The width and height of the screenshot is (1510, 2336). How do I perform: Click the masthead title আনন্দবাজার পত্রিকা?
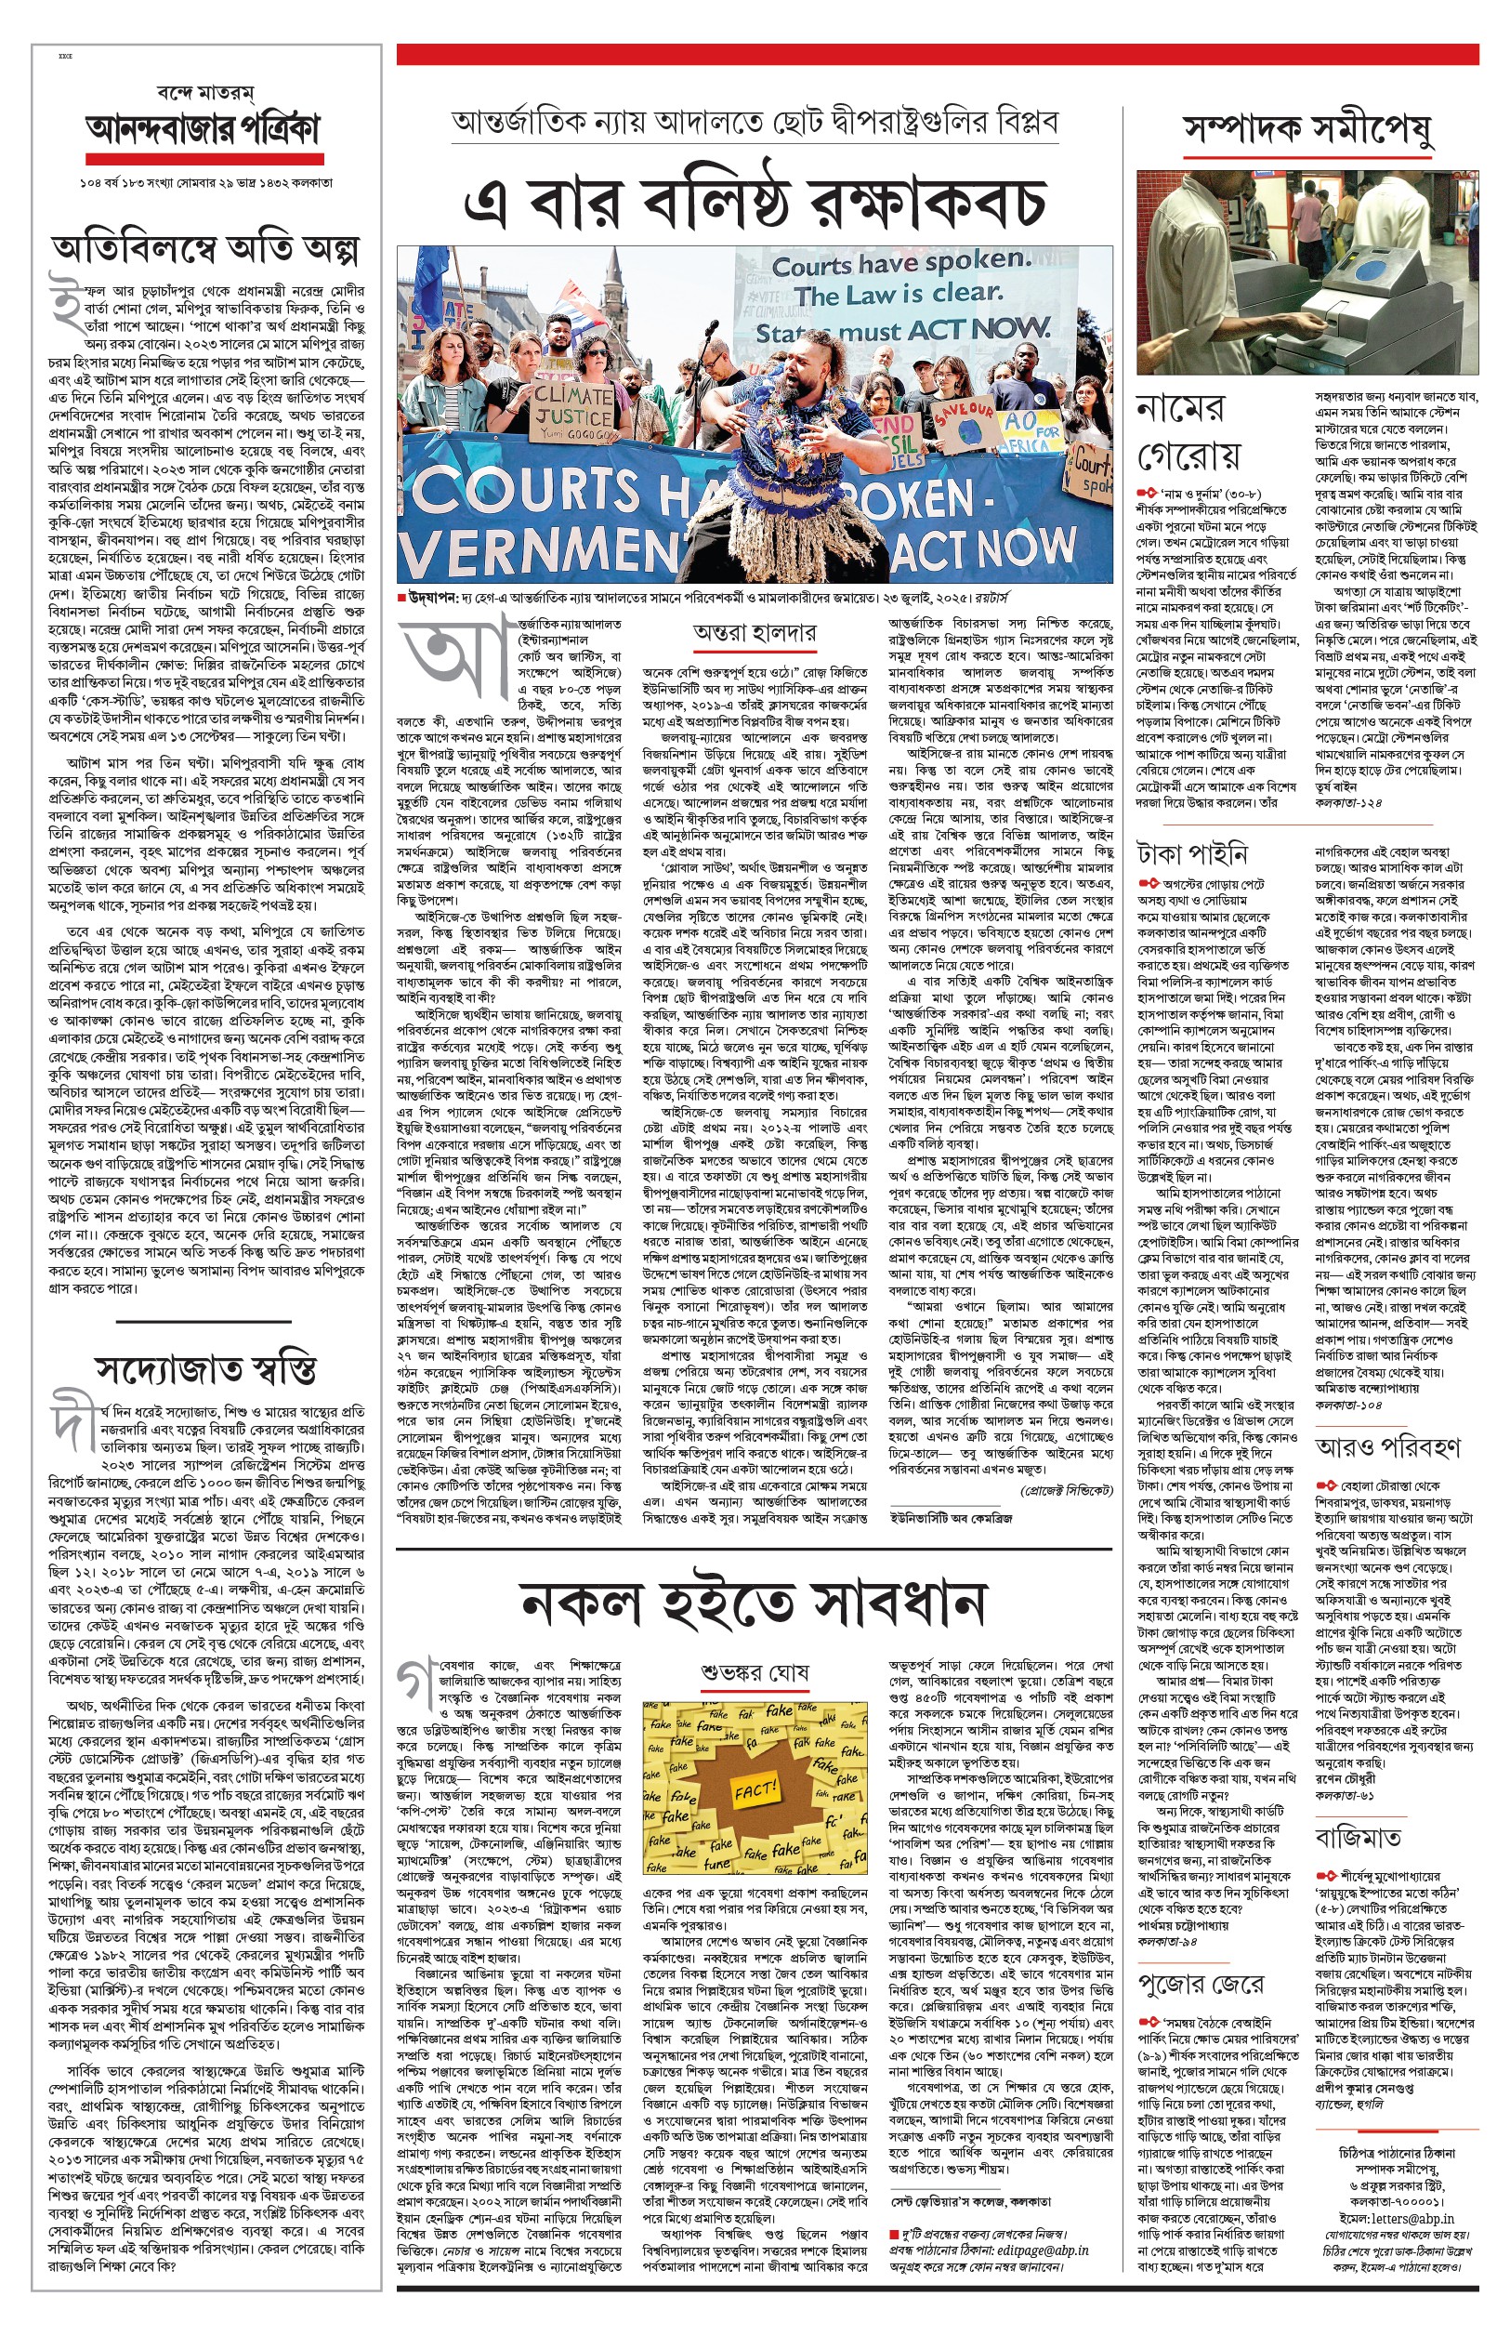tap(203, 128)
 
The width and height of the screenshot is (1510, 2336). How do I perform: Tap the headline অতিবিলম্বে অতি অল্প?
tap(205, 251)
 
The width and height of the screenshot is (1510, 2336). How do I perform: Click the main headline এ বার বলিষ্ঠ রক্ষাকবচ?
tap(754, 203)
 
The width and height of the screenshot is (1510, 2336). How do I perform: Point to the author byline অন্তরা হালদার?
tap(753, 634)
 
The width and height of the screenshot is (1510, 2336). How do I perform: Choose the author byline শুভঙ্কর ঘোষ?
tap(754, 1672)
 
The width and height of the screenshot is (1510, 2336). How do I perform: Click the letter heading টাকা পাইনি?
tap(1191, 854)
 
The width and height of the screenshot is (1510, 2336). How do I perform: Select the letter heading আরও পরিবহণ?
tap(1387, 1446)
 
